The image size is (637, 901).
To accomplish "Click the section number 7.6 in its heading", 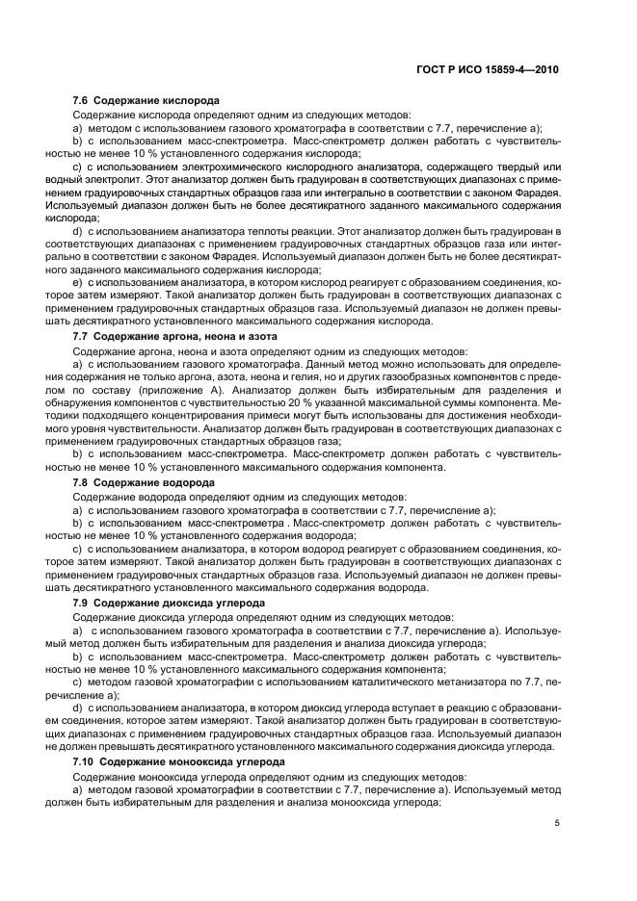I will (x=81, y=100).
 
